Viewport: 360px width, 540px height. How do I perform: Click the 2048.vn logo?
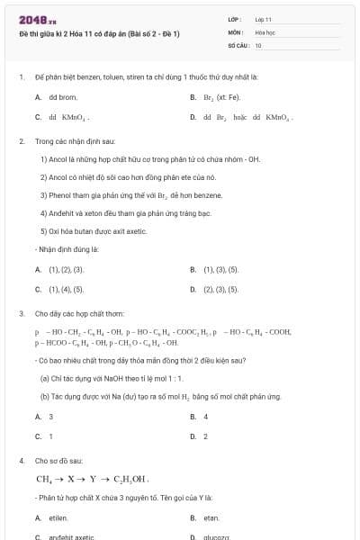click(x=31, y=20)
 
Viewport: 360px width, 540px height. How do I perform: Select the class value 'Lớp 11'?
click(x=264, y=19)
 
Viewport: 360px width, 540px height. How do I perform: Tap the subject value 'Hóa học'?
click(x=264, y=31)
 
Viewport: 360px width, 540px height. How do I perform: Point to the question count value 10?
click(x=258, y=44)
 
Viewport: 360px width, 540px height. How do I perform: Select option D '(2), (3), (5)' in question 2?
click(x=220, y=290)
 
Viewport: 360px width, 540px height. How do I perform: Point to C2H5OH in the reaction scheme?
click(x=128, y=479)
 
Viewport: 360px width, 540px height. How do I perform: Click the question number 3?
click(x=21, y=313)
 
